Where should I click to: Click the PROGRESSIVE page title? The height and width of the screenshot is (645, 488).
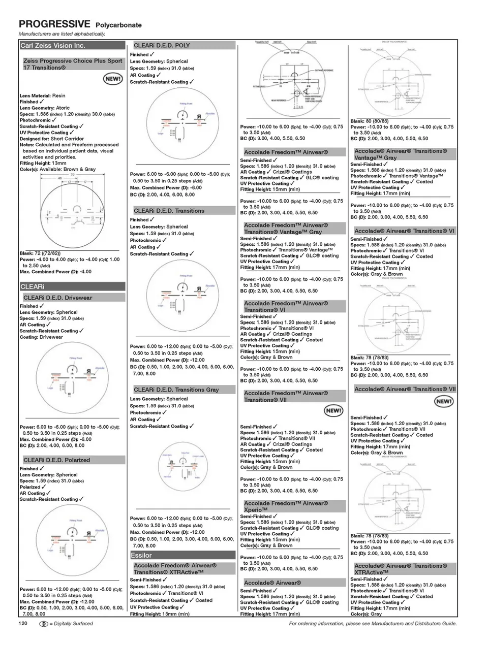click(54, 24)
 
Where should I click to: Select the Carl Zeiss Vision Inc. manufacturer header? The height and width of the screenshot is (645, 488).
click(53, 46)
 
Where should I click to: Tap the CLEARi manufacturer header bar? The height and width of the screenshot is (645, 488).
click(33, 286)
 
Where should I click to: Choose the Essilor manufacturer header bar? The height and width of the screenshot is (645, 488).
click(141, 555)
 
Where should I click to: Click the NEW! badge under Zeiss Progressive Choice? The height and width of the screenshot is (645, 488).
click(113, 79)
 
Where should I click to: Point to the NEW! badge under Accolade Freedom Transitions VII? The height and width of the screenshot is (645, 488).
click(333, 410)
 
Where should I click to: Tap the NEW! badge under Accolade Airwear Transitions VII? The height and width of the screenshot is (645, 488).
click(444, 401)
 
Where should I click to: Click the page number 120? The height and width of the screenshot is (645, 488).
click(23, 623)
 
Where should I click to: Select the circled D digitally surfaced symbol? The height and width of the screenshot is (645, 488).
click(44, 624)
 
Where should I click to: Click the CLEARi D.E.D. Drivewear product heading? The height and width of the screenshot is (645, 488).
click(58, 298)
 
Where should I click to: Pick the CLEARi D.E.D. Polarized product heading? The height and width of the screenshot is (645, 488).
click(56, 460)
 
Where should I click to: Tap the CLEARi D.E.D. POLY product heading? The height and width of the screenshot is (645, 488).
click(162, 45)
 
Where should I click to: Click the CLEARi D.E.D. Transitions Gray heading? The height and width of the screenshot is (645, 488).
click(176, 390)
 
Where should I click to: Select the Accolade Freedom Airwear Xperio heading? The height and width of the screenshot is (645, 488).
click(286, 506)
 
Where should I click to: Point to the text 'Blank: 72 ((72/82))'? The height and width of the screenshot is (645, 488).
click(40, 253)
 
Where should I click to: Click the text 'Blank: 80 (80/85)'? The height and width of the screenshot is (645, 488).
click(371, 121)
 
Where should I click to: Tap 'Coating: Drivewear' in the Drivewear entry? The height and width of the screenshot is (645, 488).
click(41, 337)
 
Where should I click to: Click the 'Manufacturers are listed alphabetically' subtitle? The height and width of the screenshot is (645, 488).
click(62, 34)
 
